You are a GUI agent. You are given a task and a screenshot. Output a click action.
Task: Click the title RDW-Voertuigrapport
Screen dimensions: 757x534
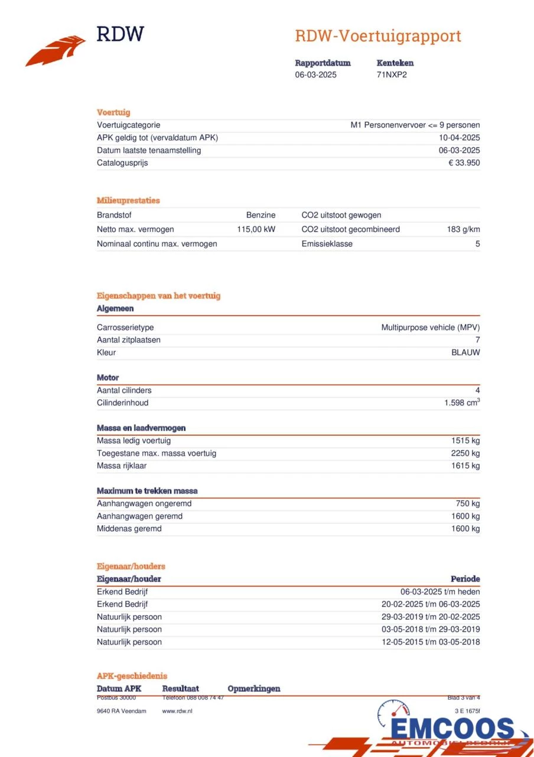coord(378,36)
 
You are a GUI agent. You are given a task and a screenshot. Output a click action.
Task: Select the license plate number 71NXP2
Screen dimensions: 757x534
coord(392,75)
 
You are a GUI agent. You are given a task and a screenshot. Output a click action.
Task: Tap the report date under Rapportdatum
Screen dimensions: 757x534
coord(316,75)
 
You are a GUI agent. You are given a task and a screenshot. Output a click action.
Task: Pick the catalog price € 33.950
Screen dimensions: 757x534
coord(464,163)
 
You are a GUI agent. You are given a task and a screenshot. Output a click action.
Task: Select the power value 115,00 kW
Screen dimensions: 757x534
coord(256,229)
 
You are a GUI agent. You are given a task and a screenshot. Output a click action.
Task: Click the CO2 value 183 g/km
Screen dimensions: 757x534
coord(463,229)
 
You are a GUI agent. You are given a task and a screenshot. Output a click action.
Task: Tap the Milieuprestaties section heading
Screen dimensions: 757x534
coord(128,200)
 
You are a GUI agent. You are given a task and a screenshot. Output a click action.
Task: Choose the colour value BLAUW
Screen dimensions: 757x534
coord(465,352)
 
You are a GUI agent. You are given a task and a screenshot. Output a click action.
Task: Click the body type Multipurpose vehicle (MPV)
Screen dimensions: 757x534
coord(431,328)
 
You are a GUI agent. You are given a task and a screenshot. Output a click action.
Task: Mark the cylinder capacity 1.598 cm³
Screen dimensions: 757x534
coord(462,403)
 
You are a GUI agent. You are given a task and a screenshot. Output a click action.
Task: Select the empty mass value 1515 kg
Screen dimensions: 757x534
coord(465,441)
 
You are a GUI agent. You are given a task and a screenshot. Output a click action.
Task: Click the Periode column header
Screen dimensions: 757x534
coord(465,579)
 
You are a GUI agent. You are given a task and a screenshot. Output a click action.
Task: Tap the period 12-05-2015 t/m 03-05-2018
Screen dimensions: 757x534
coord(431,642)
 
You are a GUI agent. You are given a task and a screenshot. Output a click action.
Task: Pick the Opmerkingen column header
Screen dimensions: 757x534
coord(253,688)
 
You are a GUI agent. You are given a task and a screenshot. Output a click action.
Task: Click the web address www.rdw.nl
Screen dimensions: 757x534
coord(177,711)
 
